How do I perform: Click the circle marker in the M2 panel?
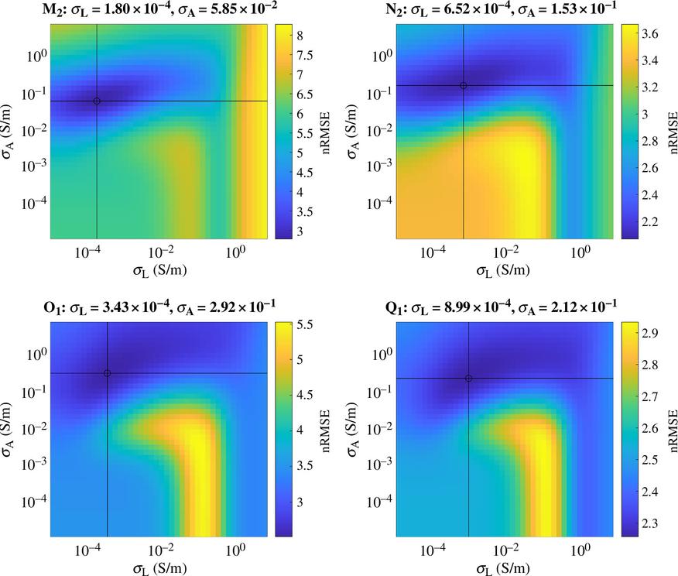coord(97,101)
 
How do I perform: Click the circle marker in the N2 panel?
coord(464,85)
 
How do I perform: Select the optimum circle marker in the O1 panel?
coord(107,373)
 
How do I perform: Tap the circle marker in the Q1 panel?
coord(469,378)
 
